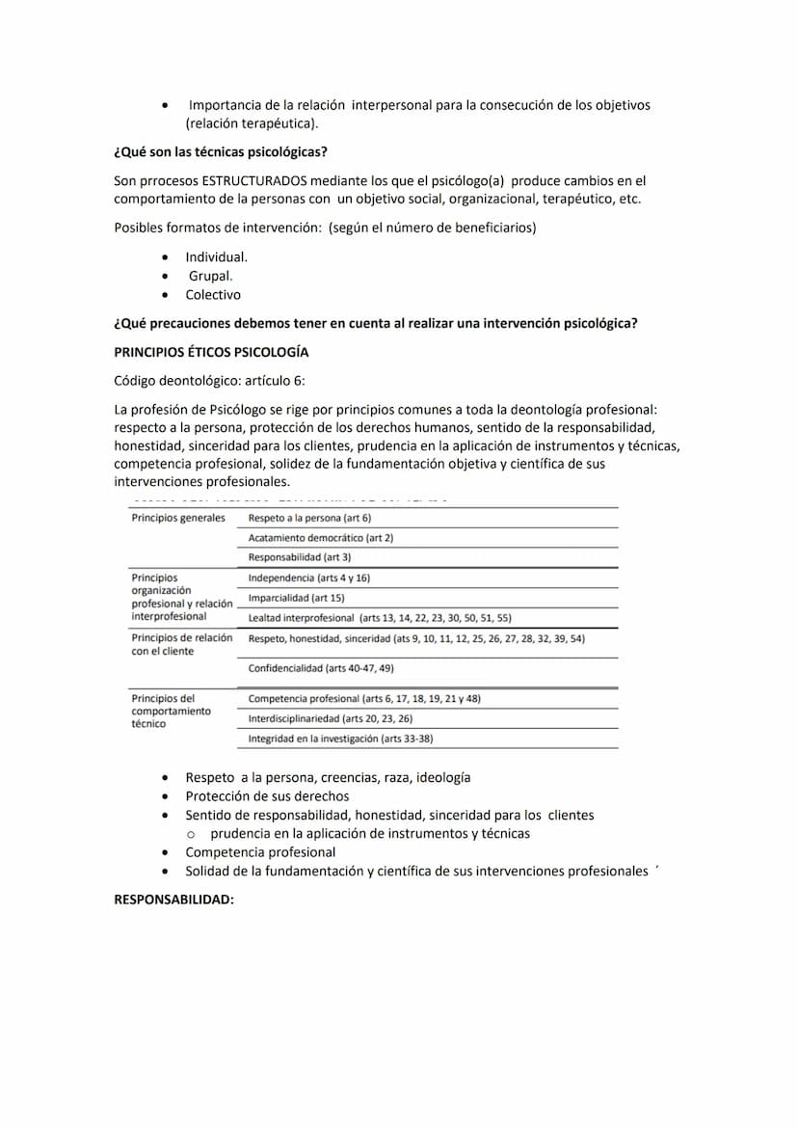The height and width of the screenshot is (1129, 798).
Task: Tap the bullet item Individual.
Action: click(x=217, y=257)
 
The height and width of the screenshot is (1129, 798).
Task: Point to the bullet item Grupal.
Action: click(x=210, y=276)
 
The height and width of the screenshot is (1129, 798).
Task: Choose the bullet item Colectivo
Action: click(x=213, y=295)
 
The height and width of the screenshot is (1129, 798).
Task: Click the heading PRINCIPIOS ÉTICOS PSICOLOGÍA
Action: click(x=211, y=352)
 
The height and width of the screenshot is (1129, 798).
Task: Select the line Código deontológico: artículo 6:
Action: click(x=209, y=381)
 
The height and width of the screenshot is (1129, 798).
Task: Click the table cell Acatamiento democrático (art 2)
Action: click(x=321, y=538)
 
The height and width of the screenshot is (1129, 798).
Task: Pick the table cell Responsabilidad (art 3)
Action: click(x=300, y=557)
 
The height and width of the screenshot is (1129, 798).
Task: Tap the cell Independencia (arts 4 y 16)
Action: click(x=309, y=578)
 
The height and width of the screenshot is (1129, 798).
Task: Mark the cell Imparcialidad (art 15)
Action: click(x=297, y=598)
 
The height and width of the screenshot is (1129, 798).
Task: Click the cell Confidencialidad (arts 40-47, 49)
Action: click(x=321, y=668)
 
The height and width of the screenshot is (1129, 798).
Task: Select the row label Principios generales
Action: click(x=178, y=518)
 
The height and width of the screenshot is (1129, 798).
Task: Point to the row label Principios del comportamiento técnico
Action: click(x=171, y=711)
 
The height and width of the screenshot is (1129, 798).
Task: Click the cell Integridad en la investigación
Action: click(x=340, y=739)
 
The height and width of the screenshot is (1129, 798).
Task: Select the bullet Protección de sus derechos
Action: click(x=267, y=796)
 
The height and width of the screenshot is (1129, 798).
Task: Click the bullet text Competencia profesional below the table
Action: click(x=260, y=852)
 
